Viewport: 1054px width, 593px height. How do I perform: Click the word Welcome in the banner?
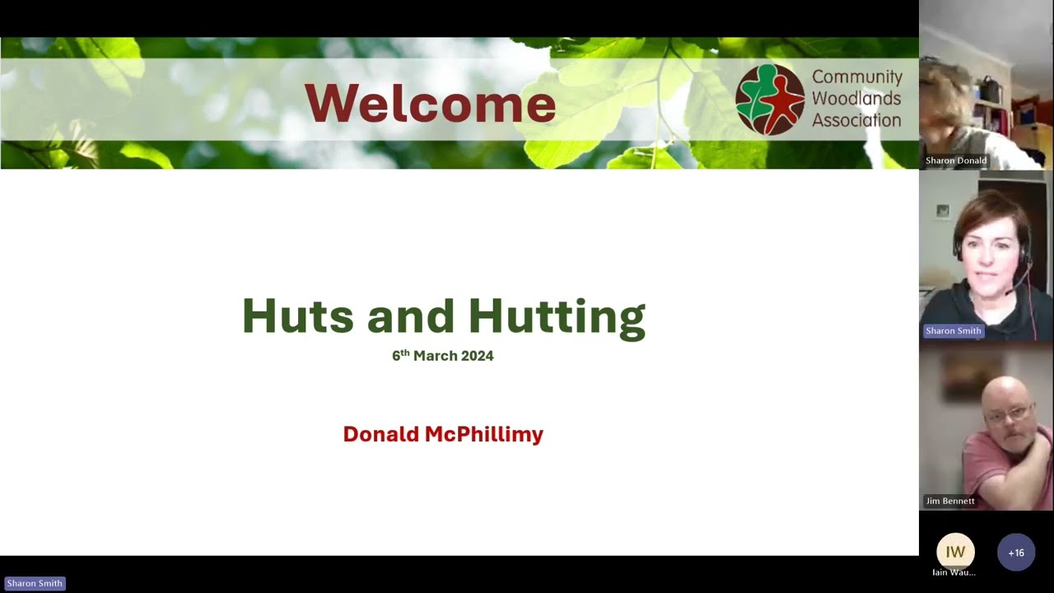(430, 104)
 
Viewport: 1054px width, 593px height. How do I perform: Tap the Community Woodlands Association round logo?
(770, 100)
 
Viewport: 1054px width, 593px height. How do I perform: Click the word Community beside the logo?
(857, 77)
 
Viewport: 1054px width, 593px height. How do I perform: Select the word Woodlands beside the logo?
(856, 99)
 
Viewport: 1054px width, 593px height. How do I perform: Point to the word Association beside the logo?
(856, 120)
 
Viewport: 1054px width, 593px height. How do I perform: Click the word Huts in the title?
(297, 316)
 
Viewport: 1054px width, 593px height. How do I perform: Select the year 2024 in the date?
(477, 356)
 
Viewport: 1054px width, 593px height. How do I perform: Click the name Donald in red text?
(380, 434)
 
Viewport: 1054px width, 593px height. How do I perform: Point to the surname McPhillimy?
(483, 435)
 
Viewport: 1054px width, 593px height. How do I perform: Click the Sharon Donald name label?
(955, 161)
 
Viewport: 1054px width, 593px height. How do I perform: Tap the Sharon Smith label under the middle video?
(953, 331)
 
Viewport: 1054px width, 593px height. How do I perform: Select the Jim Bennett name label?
(949, 501)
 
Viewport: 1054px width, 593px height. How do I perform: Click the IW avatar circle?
(955, 552)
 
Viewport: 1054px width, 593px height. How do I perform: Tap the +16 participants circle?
(1015, 553)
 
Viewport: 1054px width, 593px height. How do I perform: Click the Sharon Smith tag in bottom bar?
(35, 583)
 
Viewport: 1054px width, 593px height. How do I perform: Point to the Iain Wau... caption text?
(954, 572)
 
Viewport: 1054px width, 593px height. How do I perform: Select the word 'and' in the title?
(410, 316)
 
